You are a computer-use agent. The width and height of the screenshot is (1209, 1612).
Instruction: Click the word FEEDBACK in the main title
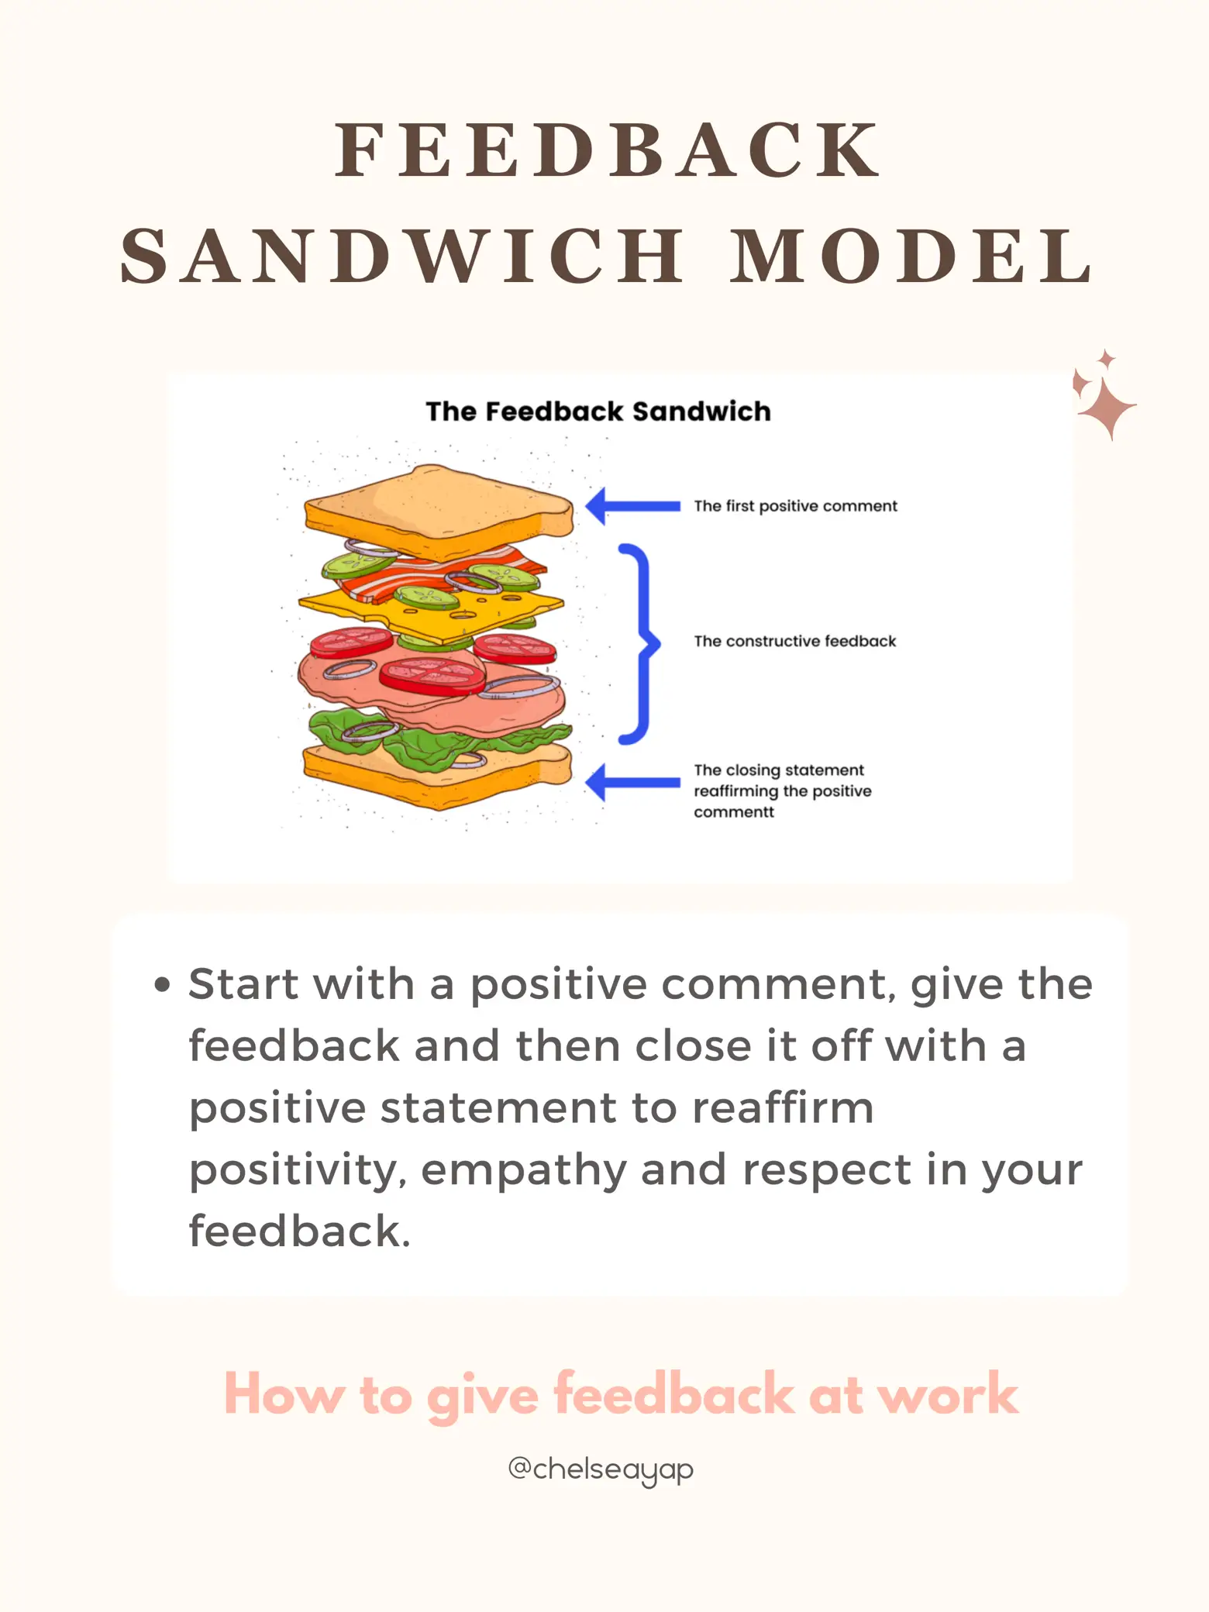(608, 150)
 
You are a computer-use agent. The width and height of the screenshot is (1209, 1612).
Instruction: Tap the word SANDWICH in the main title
(403, 256)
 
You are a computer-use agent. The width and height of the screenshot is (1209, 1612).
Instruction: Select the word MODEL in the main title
(911, 256)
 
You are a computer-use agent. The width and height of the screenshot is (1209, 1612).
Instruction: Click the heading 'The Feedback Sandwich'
(598, 412)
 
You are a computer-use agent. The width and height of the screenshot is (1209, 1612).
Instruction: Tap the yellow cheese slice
(372, 604)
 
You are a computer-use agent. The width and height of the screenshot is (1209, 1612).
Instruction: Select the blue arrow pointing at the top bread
(632, 506)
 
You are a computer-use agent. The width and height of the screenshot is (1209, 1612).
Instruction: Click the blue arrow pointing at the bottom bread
(632, 782)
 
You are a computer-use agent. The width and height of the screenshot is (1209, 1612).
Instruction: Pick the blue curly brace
(639, 643)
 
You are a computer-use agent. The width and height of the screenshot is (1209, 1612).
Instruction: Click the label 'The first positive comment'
(795, 506)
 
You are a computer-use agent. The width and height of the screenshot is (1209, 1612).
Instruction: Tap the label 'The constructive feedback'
(794, 641)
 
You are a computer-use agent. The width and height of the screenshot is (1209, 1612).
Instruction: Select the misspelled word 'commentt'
(733, 812)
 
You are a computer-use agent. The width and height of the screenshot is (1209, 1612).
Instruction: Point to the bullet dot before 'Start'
(162, 985)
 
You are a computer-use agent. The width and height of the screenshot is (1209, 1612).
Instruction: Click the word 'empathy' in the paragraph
(524, 1169)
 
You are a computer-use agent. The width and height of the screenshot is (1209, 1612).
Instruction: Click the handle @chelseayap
(601, 1469)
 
